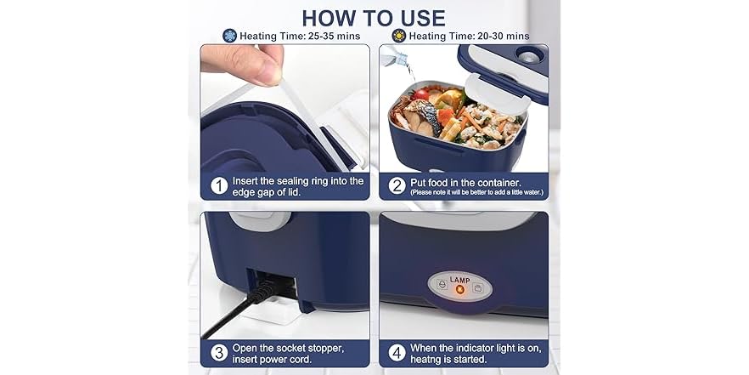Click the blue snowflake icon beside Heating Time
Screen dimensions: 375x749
click(x=229, y=36)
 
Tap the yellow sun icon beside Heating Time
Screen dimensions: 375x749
click(x=398, y=36)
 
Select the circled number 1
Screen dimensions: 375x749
click(x=219, y=186)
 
